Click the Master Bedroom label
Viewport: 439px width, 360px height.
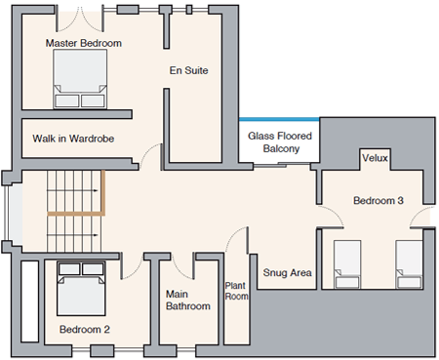tap(84, 43)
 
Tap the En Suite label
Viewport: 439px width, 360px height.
tap(188, 70)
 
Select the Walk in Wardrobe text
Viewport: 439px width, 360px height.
tap(73, 139)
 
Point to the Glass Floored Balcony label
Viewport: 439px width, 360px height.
tap(280, 142)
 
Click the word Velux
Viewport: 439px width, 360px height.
tap(375, 158)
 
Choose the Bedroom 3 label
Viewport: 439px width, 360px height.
tap(379, 200)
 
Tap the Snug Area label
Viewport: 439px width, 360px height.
tap(287, 272)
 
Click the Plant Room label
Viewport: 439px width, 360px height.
tap(236, 291)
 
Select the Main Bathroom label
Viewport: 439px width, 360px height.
tap(188, 300)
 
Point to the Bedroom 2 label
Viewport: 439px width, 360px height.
tap(85, 330)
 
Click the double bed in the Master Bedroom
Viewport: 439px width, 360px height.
tap(80, 79)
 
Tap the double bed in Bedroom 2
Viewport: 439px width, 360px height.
tap(81, 288)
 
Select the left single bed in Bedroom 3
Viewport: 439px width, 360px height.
tap(347, 264)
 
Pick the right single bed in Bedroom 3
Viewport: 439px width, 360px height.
tap(409, 264)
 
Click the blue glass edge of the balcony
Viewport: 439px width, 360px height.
tap(279, 119)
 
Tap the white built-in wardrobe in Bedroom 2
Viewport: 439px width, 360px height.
tap(30, 301)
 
